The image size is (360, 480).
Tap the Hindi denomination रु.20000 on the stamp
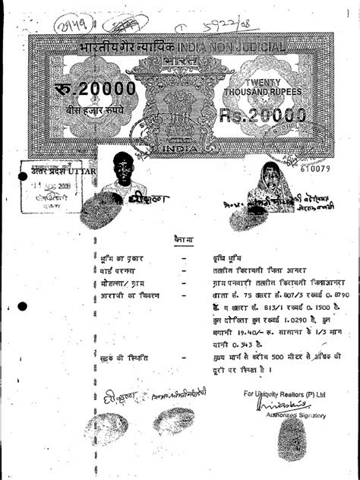coord(94,90)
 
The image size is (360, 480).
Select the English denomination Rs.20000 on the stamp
coord(262,115)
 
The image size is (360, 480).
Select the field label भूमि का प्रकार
coord(121,258)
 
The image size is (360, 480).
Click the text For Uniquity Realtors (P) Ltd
coord(285,394)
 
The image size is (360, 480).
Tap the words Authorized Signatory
coord(295,415)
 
